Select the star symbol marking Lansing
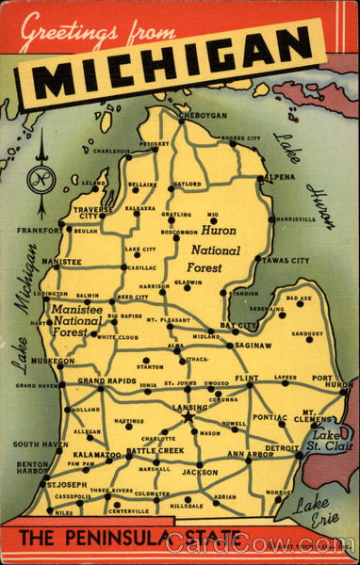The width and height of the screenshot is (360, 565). tap(188, 416)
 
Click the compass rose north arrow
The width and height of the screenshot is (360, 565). tap(41, 174)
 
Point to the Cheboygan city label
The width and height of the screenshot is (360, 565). tap(202, 115)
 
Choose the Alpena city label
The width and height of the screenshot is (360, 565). tap(278, 177)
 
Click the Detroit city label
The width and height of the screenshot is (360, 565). tap(281, 448)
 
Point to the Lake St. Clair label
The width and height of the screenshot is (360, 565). tap(332, 440)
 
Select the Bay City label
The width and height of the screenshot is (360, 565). tap(239, 326)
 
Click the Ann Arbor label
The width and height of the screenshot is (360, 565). tap(248, 456)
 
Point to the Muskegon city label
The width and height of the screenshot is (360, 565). tap(53, 362)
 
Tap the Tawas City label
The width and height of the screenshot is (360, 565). tap(286, 260)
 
